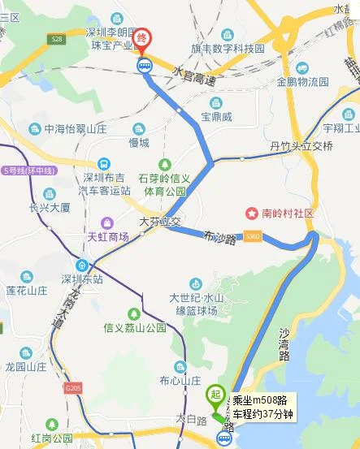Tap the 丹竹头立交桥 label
301,146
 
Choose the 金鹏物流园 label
301,82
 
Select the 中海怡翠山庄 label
76,128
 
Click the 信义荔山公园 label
134,328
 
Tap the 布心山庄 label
180,380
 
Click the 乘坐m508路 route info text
262,399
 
